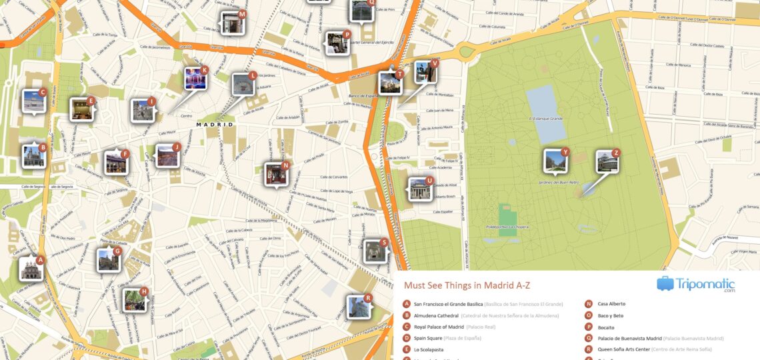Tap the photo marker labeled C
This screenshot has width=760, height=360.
pyautogui.click(x=33, y=101)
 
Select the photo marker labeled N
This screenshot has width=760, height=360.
pyautogui.click(x=276, y=174)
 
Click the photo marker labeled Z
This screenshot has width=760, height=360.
pyautogui.click(x=607, y=161)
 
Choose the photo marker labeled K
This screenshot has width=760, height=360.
pyautogui.click(x=195, y=78)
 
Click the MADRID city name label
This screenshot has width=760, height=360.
pyautogui.click(x=215, y=125)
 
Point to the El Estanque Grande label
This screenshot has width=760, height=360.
pyautogui.click(x=546, y=119)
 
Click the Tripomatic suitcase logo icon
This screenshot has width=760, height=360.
pyautogui.click(x=665, y=284)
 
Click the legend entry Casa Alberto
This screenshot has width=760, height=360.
pyautogui.click(x=611, y=304)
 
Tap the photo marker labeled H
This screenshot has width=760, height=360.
pyautogui.click(x=134, y=299)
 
